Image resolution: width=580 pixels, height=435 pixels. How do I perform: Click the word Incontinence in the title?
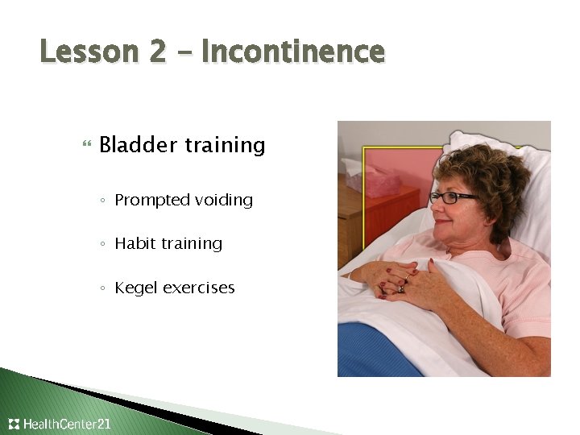coord(293,52)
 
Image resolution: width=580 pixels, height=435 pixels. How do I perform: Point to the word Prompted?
coord(149,201)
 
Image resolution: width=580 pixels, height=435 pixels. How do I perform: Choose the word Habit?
coord(135,243)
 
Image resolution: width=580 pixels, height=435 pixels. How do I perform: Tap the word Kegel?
coord(136,288)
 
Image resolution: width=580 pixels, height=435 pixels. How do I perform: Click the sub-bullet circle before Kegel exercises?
coord(106,288)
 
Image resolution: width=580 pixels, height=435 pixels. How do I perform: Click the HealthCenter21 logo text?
coord(68,424)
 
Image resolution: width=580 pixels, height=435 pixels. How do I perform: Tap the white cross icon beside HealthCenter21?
coord(14,424)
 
